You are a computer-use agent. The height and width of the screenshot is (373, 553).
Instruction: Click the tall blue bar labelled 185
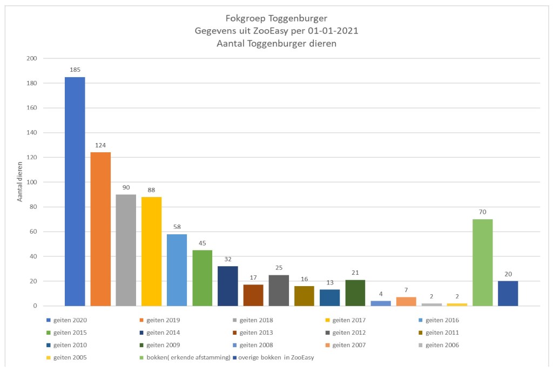(x=75, y=192)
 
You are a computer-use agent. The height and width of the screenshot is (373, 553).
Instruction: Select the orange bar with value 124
(x=100, y=229)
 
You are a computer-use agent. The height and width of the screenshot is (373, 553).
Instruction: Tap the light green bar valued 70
(x=482, y=262)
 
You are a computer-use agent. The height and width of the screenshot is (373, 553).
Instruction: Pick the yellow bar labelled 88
(x=151, y=252)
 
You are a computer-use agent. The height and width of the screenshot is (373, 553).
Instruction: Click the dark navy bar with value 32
(x=228, y=286)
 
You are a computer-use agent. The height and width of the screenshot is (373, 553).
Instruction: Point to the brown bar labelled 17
(x=253, y=295)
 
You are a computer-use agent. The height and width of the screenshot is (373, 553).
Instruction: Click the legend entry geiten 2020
(x=71, y=320)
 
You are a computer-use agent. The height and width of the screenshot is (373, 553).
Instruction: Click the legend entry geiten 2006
(x=442, y=345)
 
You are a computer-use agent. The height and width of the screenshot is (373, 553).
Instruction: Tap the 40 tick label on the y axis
(x=33, y=256)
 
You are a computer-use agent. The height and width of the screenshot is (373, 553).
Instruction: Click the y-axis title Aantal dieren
(x=20, y=181)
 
